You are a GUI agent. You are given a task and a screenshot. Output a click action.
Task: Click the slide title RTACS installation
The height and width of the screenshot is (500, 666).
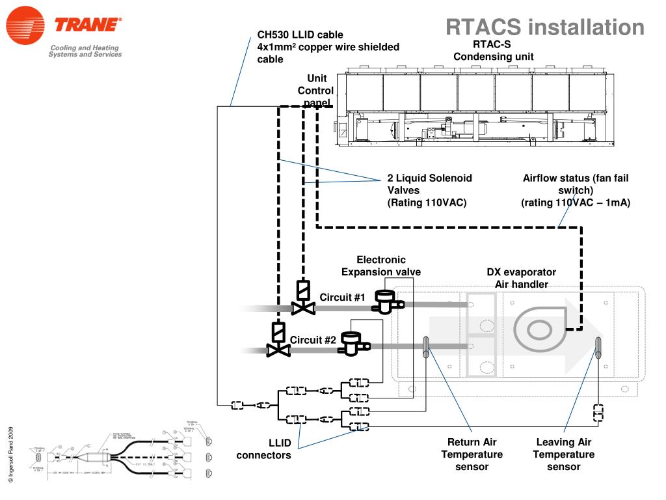pyautogui.click(x=544, y=27)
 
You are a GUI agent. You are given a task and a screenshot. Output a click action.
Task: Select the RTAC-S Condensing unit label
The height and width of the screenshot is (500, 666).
pyautogui.click(x=493, y=50)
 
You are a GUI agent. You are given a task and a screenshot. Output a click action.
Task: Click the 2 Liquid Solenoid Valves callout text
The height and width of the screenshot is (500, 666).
pyautogui.click(x=429, y=190)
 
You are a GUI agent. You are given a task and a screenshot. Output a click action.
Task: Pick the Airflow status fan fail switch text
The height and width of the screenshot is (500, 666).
pyautogui.click(x=576, y=190)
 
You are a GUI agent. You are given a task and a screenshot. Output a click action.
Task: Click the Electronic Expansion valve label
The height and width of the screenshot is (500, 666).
pyautogui.click(x=381, y=266)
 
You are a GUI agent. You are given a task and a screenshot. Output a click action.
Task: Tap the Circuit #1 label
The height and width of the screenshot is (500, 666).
pyautogui.click(x=342, y=298)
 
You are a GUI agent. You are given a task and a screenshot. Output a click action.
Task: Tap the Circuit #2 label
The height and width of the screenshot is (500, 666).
pyautogui.click(x=313, y=340)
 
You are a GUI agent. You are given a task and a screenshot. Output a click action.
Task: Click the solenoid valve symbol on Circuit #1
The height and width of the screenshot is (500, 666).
pyautogui.click(x=302, y=298)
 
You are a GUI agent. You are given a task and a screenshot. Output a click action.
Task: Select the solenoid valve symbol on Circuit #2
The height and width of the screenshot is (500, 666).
pyautogui.click(x=278, y=340)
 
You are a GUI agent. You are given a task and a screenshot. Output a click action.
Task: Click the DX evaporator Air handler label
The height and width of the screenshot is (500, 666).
pyautogui.click(x=521, y=278)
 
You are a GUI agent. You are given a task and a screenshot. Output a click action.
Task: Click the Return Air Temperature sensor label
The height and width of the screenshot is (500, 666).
pyautogui.click(x=472, y=454)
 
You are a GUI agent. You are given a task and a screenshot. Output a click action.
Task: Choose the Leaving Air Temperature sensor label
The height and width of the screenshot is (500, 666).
pyautogui.click(x=563, y=454)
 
